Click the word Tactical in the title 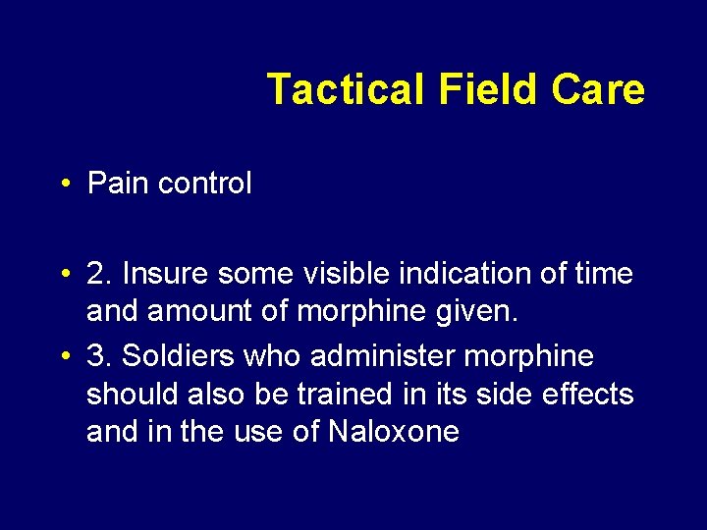345,89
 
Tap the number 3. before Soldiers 99,354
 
